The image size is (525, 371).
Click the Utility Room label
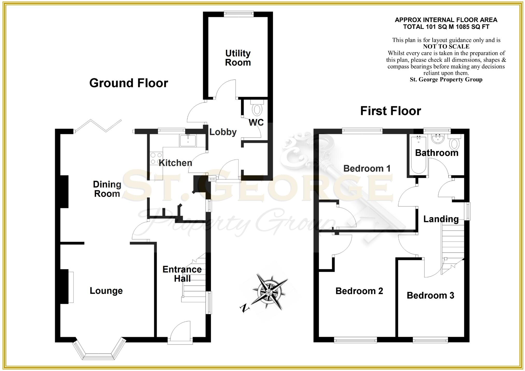(238, 58)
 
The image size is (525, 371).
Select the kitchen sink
(188, 141)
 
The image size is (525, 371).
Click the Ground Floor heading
(129, 83)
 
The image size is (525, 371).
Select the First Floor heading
(390, 111)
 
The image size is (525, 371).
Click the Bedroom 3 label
(430, 295)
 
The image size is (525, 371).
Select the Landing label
(441, 219)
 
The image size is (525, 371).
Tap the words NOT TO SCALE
(446, 47)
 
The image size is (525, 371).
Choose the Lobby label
(223, 132)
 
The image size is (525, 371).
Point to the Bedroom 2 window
(355, 340)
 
